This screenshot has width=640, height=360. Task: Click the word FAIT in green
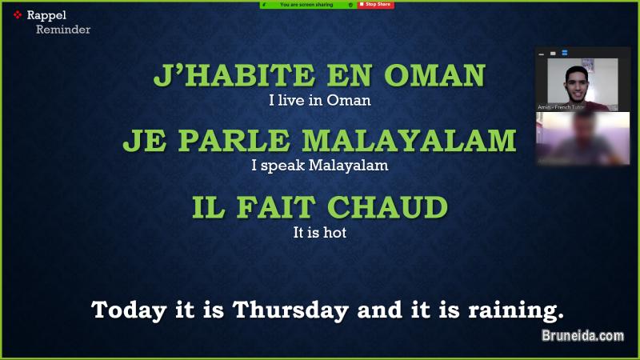pyautogui.click(x=280, y=207)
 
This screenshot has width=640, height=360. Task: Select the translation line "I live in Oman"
pyautogui.click(x=320, y=102)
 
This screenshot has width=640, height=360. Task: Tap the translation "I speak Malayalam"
pyautogui.click(x=319, y=166)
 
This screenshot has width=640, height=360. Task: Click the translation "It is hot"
pyautogui.click(x=319, y=234)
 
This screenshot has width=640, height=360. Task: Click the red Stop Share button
pyautogui.click(x=376, y=4)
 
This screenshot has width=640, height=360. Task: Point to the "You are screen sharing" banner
pyautogui.click(x=306, y=4)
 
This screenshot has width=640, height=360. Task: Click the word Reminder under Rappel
pyautogui.click(x=62, y=30)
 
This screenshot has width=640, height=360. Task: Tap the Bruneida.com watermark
pyautogui.click(x=582, y=337)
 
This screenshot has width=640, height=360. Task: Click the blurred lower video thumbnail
pyautogui.click(x=582, y=138)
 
